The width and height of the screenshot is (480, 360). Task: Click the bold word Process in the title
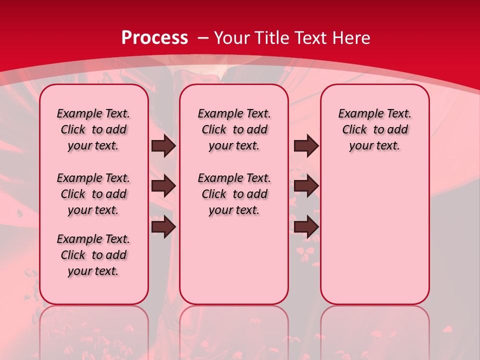(x=154, y=38)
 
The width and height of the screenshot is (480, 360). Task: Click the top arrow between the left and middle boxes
(x=163, y=146)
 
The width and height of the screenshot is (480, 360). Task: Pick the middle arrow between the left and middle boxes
(x=163, y=186)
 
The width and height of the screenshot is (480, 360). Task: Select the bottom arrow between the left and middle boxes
(x=163, y=226)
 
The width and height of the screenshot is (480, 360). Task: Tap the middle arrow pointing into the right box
(x=306, y=186)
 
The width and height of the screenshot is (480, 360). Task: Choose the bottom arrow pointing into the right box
(x=306, y=226)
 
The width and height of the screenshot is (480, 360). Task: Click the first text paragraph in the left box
(x=93, y=130)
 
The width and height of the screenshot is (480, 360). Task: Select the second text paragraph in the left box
(x=93, y=194)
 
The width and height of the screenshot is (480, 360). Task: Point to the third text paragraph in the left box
(x=93, y=255)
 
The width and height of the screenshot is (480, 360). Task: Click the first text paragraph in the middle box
(x=234, y=130)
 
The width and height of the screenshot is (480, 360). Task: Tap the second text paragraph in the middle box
(x=234, y=194)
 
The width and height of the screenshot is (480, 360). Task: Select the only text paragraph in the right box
(x=374, y=130)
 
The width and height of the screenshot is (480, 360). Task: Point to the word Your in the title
(x=233, y=38)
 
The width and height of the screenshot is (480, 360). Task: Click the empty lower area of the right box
(x=374, y=235)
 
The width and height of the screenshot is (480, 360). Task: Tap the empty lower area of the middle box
(x=234, y=260)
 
